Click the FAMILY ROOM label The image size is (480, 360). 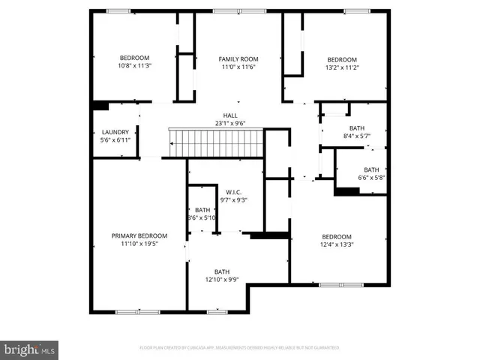click(x=238, y=58)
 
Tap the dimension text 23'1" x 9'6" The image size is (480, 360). click(x=229, y=124)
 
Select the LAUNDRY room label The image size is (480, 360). click(x=115, y=132)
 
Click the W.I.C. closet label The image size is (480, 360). click(x=232, y=192)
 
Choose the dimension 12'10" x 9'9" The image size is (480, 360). click(x=221, y=280)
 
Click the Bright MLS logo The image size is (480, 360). click(x=30, y=349)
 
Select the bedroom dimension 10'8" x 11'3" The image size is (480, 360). click(x=135, y=66)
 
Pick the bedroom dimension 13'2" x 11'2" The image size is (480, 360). click(x=341, y=67)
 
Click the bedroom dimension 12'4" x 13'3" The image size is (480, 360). click(x=337, y=244)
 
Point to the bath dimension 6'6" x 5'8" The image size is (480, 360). click(x=371, y=178)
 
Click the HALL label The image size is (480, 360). click(x=229, y=115)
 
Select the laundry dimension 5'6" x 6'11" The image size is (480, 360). click(x=115, y=140)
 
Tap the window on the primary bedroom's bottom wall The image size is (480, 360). click(x=127, y=311)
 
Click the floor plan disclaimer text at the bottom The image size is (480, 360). click(x=239, y=348)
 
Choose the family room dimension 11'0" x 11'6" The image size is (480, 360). click(x=238, y=67)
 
